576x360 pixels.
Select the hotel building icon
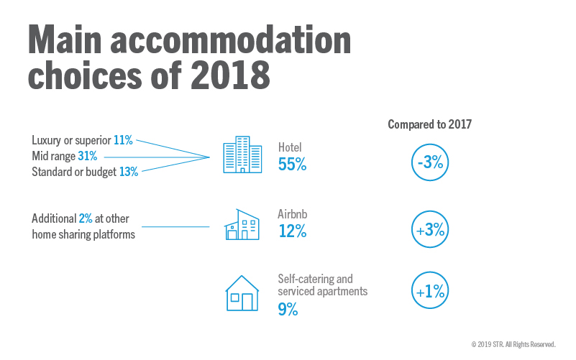tap(242, 155)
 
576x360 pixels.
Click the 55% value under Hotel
tap(292, 164)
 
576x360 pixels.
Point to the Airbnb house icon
tap(242, 225)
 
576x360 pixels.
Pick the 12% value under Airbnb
tap(292, 231)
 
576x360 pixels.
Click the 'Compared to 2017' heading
tap(429, 124)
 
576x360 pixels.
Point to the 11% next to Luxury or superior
tap(123, 141)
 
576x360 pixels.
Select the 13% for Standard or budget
tap(128, 171)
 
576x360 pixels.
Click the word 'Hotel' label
tap(291, 148)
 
